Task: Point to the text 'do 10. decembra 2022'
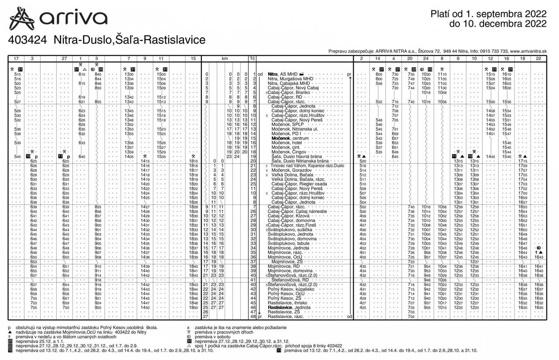498,24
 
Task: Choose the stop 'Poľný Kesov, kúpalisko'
291,289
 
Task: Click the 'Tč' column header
252,58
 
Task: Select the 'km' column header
224,58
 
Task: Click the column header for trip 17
16,58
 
